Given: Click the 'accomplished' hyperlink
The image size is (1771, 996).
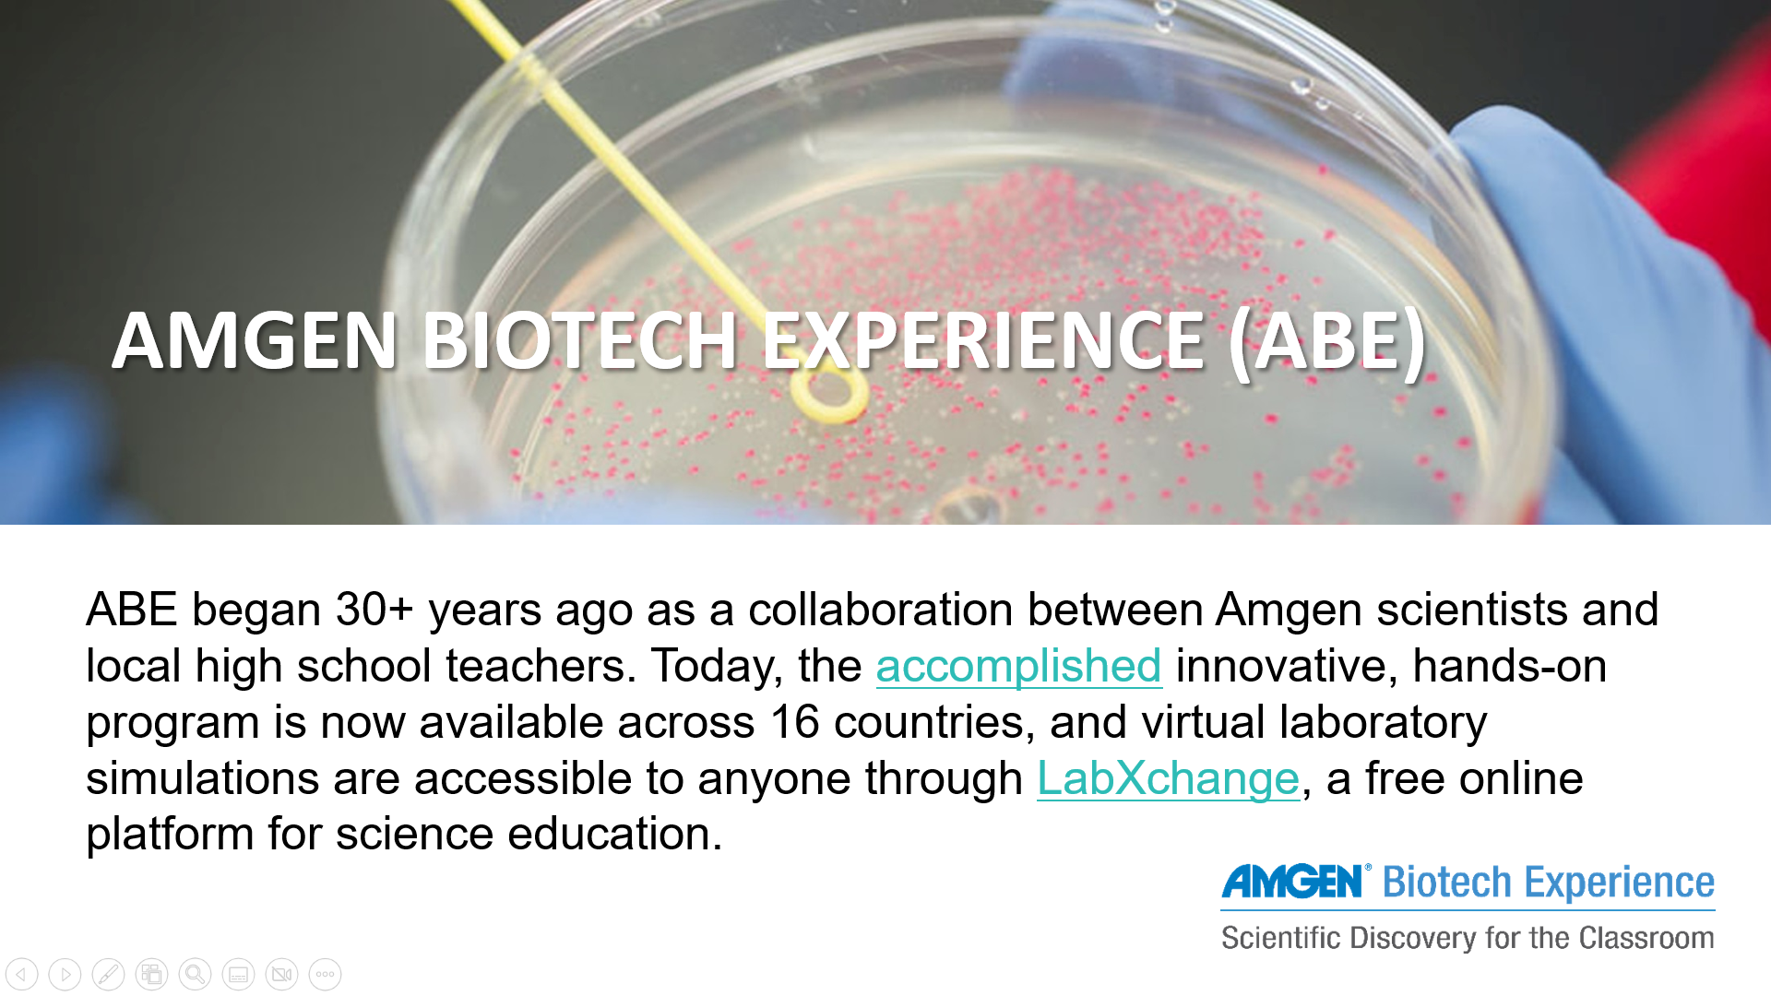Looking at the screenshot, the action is [1018, 667].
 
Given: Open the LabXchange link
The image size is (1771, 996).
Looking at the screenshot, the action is [1168, 778].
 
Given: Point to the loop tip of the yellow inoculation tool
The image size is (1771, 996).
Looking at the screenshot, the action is [829, 396].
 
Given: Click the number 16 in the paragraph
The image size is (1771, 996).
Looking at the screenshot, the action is [795, 721].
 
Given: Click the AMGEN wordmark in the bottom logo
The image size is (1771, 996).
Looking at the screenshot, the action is [1292, 882].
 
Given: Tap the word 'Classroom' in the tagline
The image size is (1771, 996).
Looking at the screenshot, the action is [1646, 938].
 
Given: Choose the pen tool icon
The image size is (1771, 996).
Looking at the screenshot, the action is [108, 974].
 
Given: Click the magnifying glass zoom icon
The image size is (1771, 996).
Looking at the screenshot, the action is [195, 974].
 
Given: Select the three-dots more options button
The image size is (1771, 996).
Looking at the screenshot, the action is [325, 974].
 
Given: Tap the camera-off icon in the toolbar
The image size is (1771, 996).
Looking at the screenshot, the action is [281, 974].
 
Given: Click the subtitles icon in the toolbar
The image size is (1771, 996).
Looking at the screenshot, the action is [238, 974].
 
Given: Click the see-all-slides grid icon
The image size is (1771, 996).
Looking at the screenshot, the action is [151, 974].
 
